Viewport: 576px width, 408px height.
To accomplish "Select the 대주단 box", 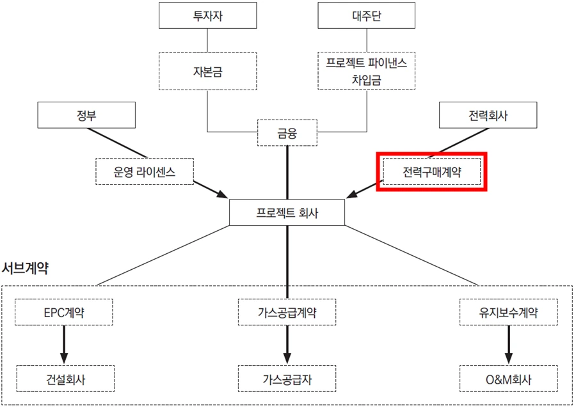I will pos(367,15).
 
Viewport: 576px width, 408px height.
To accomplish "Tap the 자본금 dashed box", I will pos(207,71).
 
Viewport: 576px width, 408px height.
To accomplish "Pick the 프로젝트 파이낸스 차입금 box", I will pos(367,71).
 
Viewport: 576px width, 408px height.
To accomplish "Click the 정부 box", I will pos(86,116).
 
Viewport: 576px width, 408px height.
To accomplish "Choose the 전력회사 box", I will pos(488,116).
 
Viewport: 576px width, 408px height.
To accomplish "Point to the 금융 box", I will pos(287,134).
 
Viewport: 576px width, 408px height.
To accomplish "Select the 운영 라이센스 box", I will pos(144,171).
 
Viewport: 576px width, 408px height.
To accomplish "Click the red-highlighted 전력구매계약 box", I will pos(432,171).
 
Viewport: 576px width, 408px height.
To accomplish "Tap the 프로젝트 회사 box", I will pos(287,212).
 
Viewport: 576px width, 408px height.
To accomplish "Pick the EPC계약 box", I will pos(63,313).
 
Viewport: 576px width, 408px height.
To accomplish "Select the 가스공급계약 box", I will pos(287,313).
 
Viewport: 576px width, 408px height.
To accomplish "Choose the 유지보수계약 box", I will pos(509,313).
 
